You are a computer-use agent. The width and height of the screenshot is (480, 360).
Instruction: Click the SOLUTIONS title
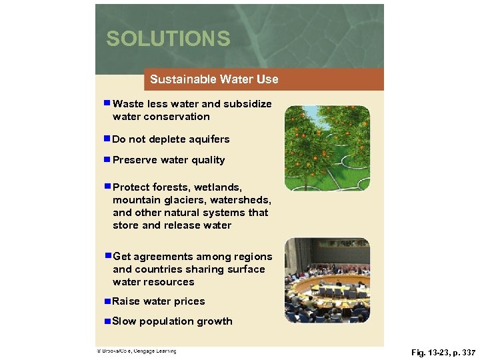click(x=168, y=39)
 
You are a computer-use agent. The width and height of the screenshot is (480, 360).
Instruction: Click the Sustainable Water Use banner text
click(x=214, y=79)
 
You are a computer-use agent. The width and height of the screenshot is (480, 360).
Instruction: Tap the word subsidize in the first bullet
click(x=247, y=104)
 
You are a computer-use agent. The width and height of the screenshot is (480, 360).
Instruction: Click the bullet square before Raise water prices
click(x=107, y=301)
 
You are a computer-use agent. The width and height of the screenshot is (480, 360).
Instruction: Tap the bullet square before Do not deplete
click(x=107, y=139)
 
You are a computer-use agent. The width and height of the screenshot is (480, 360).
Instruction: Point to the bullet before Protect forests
click(x=107, y=187)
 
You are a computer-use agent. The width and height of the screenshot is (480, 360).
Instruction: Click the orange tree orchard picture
click(x=327, y=148)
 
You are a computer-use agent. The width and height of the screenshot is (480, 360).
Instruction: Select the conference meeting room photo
click(x=327, y=280)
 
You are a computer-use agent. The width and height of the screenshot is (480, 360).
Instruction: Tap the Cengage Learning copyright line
click(x=136, y=351)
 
